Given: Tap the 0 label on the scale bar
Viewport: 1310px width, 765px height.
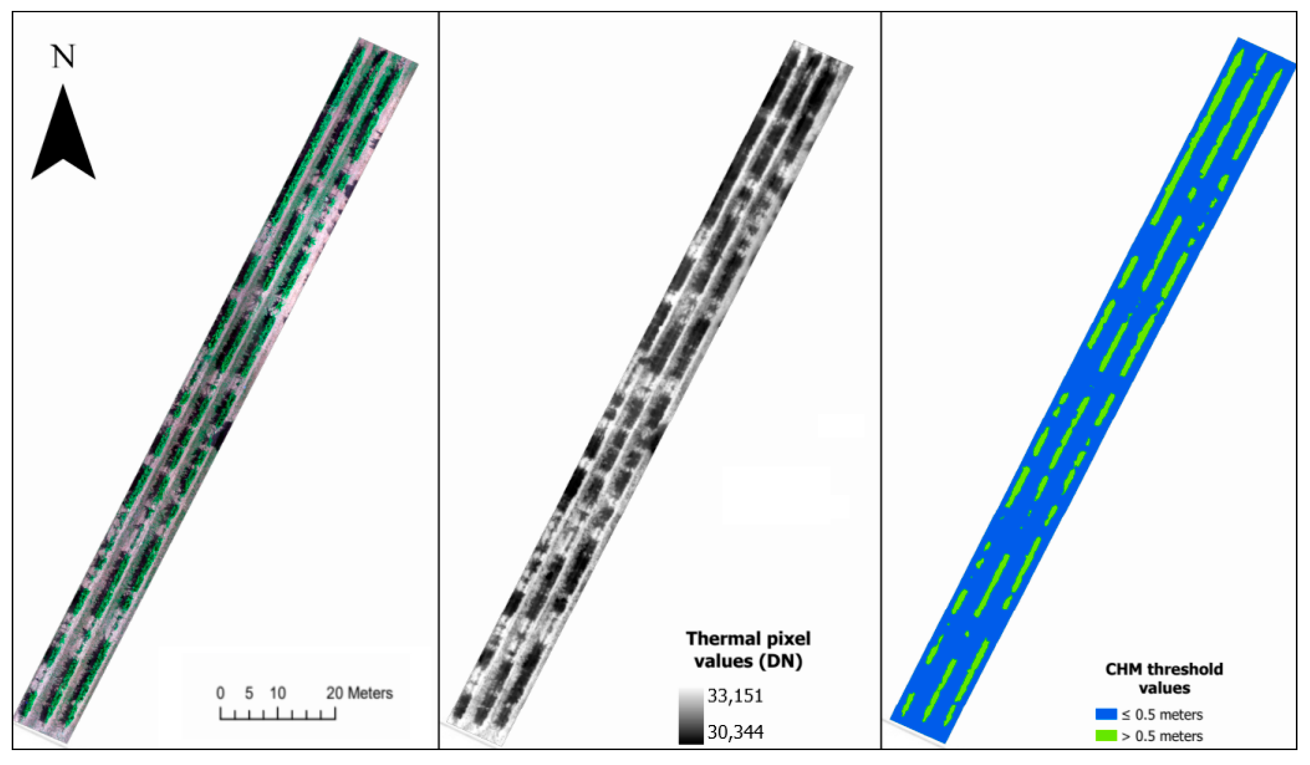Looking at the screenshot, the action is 221,693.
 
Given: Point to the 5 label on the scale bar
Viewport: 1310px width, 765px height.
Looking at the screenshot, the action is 249,693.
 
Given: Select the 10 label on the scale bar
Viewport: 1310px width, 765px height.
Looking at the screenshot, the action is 278,693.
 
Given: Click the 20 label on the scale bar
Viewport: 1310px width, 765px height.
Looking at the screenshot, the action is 335,693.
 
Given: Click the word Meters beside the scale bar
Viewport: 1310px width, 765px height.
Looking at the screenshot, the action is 370,693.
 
